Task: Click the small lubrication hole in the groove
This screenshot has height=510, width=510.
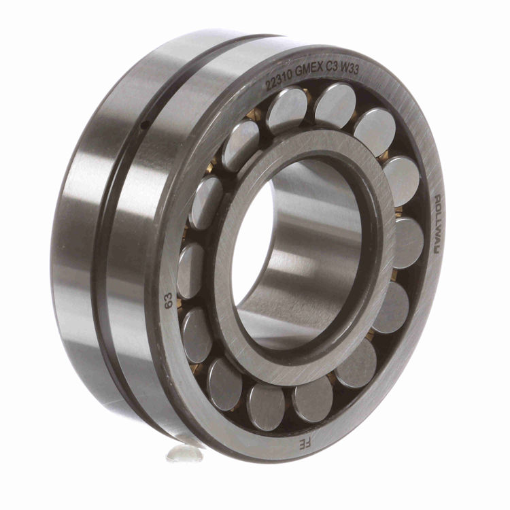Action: coord(146,124)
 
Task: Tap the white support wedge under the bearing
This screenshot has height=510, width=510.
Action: coord(185,452)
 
